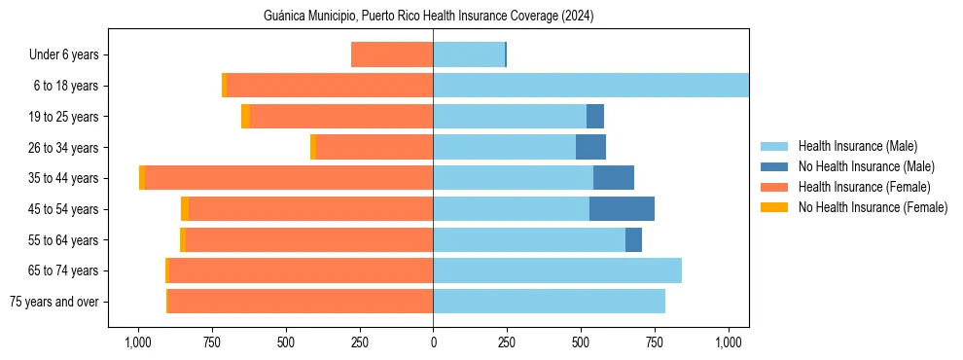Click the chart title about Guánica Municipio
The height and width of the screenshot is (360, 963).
point(428,16)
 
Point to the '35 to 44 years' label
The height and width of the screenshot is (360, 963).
point(64,178)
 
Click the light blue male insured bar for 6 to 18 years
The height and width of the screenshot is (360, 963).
point(590,86)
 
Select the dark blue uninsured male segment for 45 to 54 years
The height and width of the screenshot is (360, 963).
point(622,209)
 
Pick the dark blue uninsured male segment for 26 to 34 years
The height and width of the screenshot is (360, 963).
point(590,148)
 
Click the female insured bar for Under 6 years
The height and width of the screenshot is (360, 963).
point(392,55)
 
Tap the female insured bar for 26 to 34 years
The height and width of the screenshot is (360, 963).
point(374,148)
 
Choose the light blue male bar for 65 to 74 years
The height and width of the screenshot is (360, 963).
point(557,270)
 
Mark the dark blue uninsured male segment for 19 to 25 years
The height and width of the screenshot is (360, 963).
point(595,117)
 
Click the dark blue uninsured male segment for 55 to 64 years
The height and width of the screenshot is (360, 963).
point(633,240)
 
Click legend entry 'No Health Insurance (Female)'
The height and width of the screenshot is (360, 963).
point(873,207)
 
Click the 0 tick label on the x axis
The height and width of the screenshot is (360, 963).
point(433,342)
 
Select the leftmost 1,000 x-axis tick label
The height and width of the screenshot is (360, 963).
point(137,342)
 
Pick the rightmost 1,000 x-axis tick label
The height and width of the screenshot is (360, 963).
point(729,342)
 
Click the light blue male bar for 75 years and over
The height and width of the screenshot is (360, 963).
point(549,302)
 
